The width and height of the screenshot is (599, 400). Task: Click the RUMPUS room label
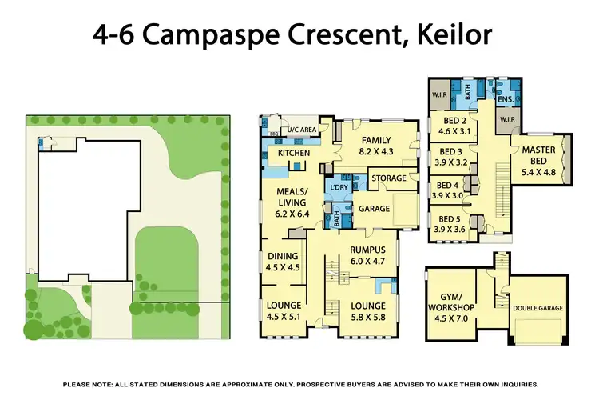pos(367,249)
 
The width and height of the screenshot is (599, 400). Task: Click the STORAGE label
pos(389,178)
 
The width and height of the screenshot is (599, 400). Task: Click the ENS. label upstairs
pos(505,99)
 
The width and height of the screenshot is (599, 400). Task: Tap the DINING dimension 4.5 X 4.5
pos(283,268)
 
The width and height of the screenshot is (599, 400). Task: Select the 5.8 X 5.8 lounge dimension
pos(367,318)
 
